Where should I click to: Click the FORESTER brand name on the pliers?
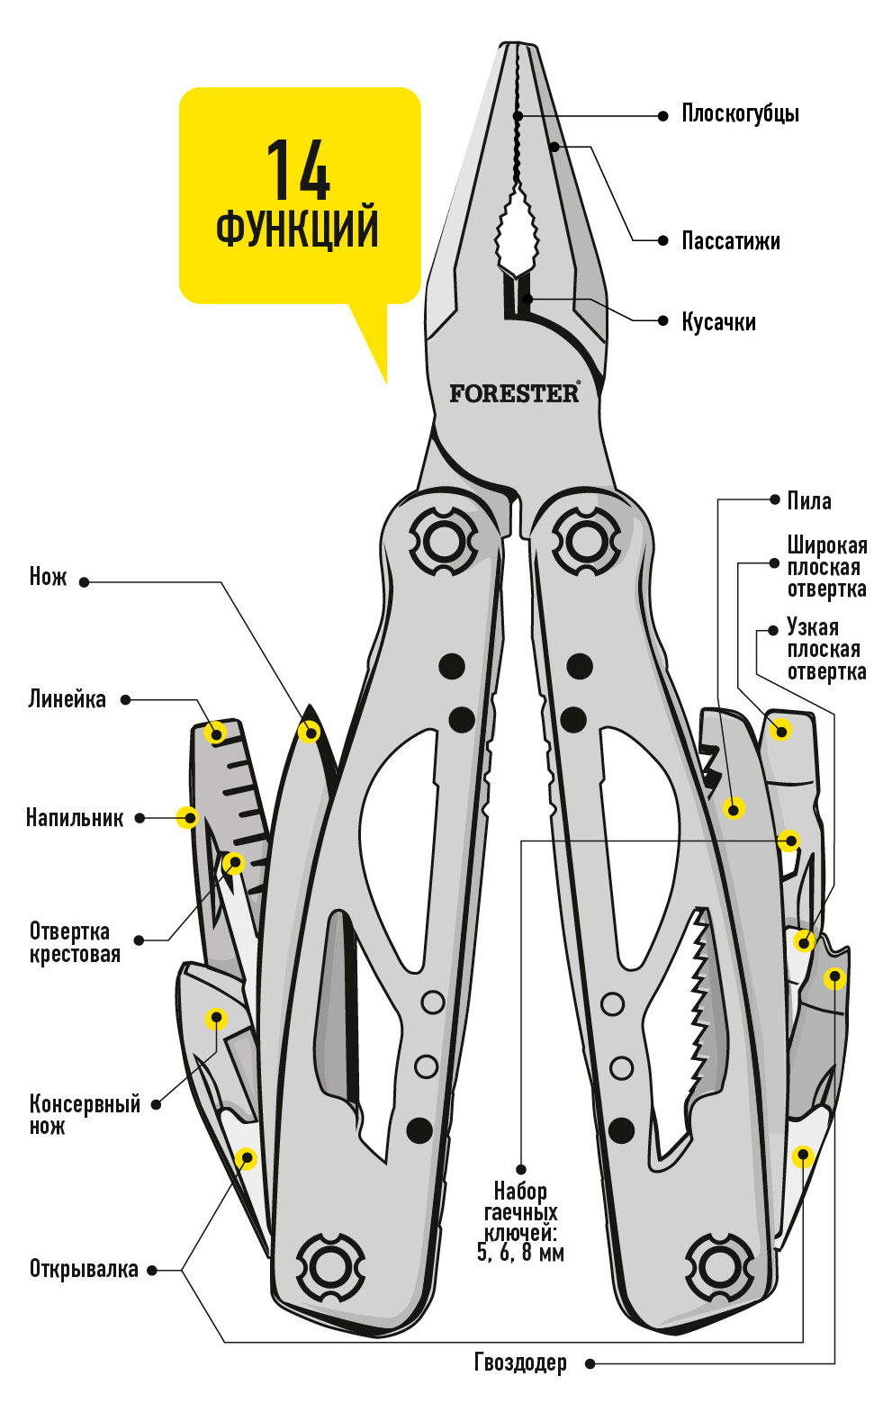514,393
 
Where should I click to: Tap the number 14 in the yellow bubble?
298,170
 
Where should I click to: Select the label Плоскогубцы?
740,114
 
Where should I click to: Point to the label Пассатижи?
730,241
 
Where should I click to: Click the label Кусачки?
718,321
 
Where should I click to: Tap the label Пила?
809,501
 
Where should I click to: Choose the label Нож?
48,577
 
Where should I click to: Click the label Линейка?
67,699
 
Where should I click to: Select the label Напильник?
74,818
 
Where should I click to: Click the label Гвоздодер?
520,1363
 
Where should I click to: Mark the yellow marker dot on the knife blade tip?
310,733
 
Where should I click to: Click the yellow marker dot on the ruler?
216,733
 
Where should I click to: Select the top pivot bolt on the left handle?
444,541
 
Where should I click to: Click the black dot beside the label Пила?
774,499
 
